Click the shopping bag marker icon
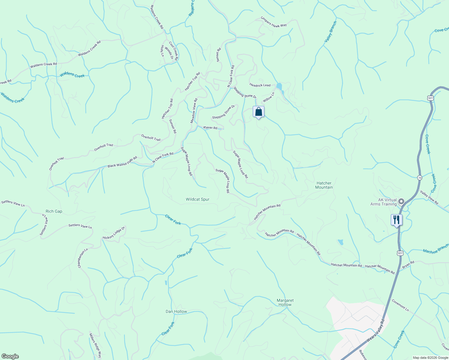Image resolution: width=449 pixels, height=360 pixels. click(258, 112)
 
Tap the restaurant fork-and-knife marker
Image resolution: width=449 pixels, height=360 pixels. click(396, 220)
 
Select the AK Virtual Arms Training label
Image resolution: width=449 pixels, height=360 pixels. click(384, 202)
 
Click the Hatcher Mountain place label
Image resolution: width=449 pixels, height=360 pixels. click(324, 185)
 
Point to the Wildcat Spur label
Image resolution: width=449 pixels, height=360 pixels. click(197, 199)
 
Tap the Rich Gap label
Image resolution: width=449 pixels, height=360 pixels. click(54, 211)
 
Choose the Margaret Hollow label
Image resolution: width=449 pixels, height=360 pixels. click(285, 302)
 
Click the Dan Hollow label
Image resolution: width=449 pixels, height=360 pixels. click(176, 312)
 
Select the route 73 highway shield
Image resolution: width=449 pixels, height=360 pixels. click(420, 178)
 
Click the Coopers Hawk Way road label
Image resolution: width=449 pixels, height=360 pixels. click(273, 22)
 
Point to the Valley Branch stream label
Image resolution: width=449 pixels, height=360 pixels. click(330, 31)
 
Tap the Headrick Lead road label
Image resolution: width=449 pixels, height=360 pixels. click(260, 85)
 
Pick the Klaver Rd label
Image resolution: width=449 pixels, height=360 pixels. click(210, 127)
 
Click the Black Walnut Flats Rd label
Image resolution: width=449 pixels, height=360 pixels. click(122, 162)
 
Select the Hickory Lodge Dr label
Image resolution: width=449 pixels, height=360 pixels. click(114, 233)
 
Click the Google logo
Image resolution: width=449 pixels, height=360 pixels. click(10, 356)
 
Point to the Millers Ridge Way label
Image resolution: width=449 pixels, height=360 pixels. click(95, 346)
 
